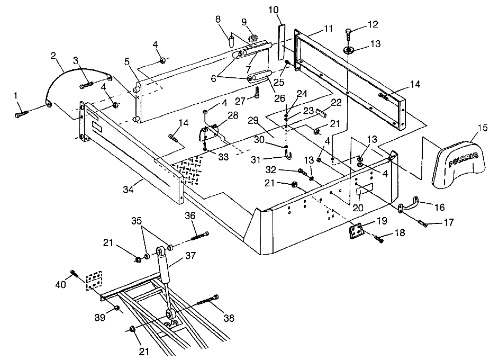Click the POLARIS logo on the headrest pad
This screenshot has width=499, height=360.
(x=463, y=160)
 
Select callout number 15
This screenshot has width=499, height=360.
(x=483, y=128)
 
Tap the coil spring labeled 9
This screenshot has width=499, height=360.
(x=253, y=39)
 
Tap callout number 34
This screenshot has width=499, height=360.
(x=128, y=190)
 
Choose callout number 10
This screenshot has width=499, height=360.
(x=274, y=10)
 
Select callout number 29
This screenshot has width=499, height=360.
(x=253, y=121)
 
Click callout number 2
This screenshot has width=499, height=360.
(x=53, y=56)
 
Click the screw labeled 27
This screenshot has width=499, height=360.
(x=257, y=93)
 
